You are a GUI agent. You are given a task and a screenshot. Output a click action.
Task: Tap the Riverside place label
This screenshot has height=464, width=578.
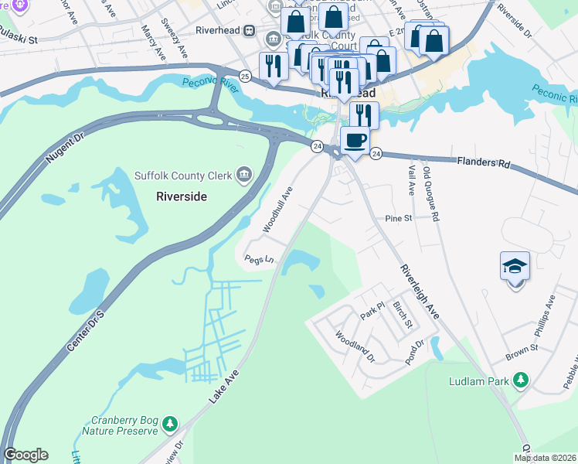click(x=182, y=196)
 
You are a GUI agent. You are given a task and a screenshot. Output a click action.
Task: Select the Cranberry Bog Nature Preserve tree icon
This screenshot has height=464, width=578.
click(x=169, y=424)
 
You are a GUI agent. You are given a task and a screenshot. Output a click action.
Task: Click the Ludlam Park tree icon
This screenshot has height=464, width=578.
click(x=522, y=380)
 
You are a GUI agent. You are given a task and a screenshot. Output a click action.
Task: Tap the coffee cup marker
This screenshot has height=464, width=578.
click(x=355, y=141)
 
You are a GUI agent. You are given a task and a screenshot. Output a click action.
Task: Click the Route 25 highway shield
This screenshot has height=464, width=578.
click(x=244, y=76)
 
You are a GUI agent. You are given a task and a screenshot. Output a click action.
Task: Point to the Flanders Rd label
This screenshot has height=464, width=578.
click(x=484, y=163)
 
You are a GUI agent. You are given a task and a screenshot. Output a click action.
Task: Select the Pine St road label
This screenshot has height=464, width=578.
click(x=399, y=219)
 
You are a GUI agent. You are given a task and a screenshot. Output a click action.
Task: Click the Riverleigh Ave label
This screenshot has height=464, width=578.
click(x=419, y=292)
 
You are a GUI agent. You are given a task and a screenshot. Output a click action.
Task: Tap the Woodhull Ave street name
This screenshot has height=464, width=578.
click(x=277, y=209)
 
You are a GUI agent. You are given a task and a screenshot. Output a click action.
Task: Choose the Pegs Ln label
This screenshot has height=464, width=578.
click(x=259, y=260)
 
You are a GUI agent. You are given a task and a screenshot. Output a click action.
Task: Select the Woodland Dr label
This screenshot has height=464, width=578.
click(x=354, y=347)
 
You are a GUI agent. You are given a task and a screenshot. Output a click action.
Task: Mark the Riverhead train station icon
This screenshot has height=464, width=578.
click(x=249, y=31)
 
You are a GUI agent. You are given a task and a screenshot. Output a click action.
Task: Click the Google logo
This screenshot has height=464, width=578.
click(x=25, y=455)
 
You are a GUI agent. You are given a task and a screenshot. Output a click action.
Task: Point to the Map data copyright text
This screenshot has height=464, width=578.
click(x=545, y=458)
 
